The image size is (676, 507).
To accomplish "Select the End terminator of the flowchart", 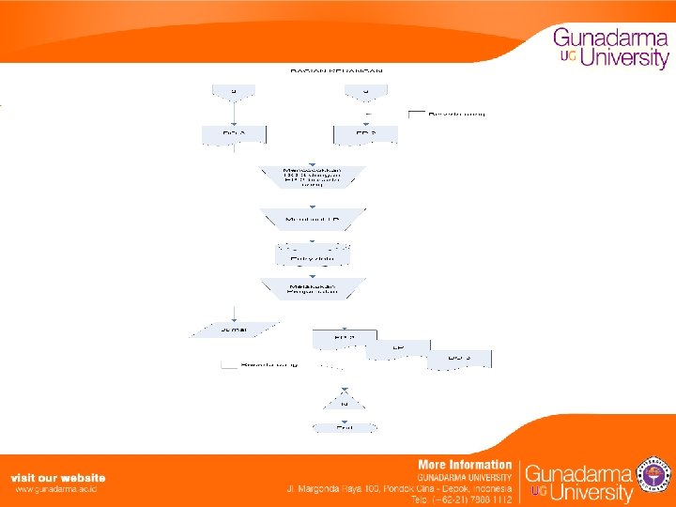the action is pyautogui.click(x=345, y=427).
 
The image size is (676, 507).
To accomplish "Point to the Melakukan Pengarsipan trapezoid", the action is pyautogui.click(x=313, y=289).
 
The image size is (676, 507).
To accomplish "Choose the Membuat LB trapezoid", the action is pyautogui.click(x=313, y=220).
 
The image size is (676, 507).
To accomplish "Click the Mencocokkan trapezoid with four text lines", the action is pyautogui.click(x=312, y=177).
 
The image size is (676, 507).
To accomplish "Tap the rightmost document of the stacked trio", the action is pyautogui.click(x=459, y=359).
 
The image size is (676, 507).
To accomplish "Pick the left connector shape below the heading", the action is pyautogui.click(x=234, y=91).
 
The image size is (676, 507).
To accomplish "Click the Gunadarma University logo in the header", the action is pyautogui.click(x=610, y=48).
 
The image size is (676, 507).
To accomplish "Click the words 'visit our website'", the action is pyautogui.click(x=58, y=478).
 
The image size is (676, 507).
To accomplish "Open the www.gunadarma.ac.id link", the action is pyautogui.click(x=56, y=489).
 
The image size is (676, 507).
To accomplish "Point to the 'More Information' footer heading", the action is pyautogui.click(x=465, y=465).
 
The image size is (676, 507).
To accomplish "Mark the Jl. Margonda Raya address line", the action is pyautogui.click(x=399, y=489).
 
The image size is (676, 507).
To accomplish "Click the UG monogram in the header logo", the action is pyautogui.click(x=567, y=56).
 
